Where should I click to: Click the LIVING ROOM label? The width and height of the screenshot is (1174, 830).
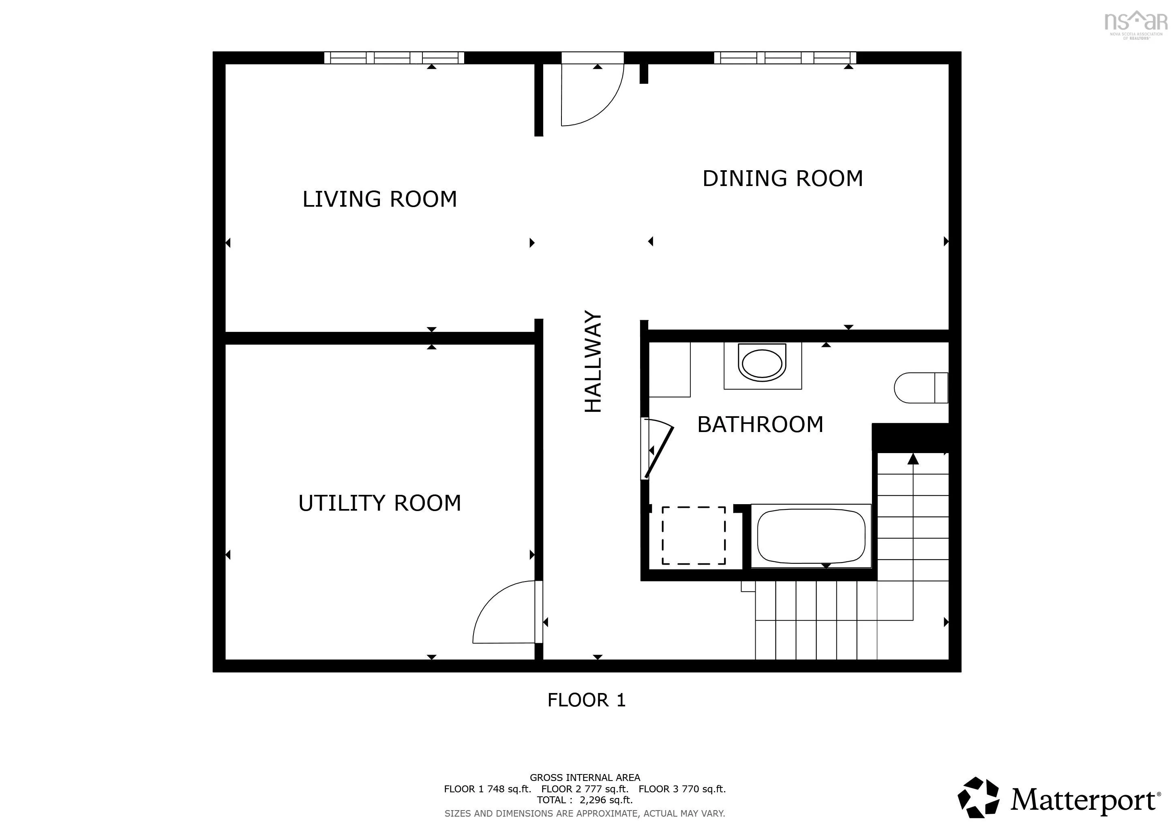(x=379, y=199)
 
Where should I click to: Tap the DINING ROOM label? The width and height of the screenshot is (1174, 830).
(x=782, y=178)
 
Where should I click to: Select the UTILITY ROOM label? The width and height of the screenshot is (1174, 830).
(x=379, y=503)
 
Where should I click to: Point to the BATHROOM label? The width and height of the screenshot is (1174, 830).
(x=761, y=424)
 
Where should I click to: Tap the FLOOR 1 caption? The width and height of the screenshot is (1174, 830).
(x=587, y=700)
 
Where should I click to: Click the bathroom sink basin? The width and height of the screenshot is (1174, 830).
(x=762, y=364)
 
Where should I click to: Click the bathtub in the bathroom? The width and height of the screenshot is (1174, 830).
(x=811, y=536)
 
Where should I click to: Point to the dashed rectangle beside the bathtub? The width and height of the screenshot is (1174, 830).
(x=694, y=536)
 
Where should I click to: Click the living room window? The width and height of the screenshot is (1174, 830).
(x=394, y=58)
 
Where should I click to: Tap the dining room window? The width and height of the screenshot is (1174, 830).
(x=785, y=58)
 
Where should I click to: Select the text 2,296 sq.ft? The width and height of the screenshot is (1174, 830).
(x=606, y=800)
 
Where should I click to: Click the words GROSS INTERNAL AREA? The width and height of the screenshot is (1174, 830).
(x=585, y=777)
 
